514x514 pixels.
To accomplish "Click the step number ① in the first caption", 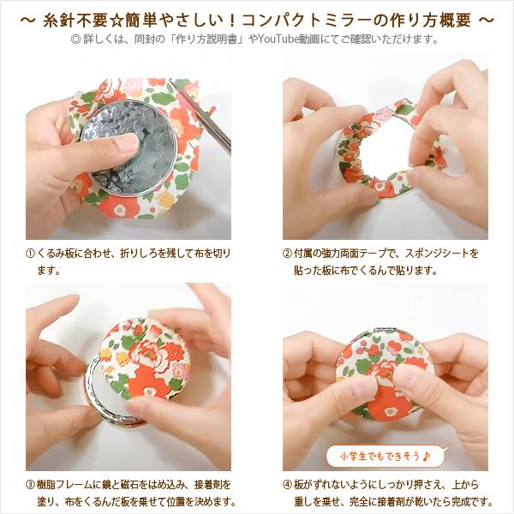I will [x=31, y=254].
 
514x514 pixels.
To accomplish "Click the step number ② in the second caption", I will [x=288, y=254].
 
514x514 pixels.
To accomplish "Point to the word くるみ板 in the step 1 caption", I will [x=61, y=254].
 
